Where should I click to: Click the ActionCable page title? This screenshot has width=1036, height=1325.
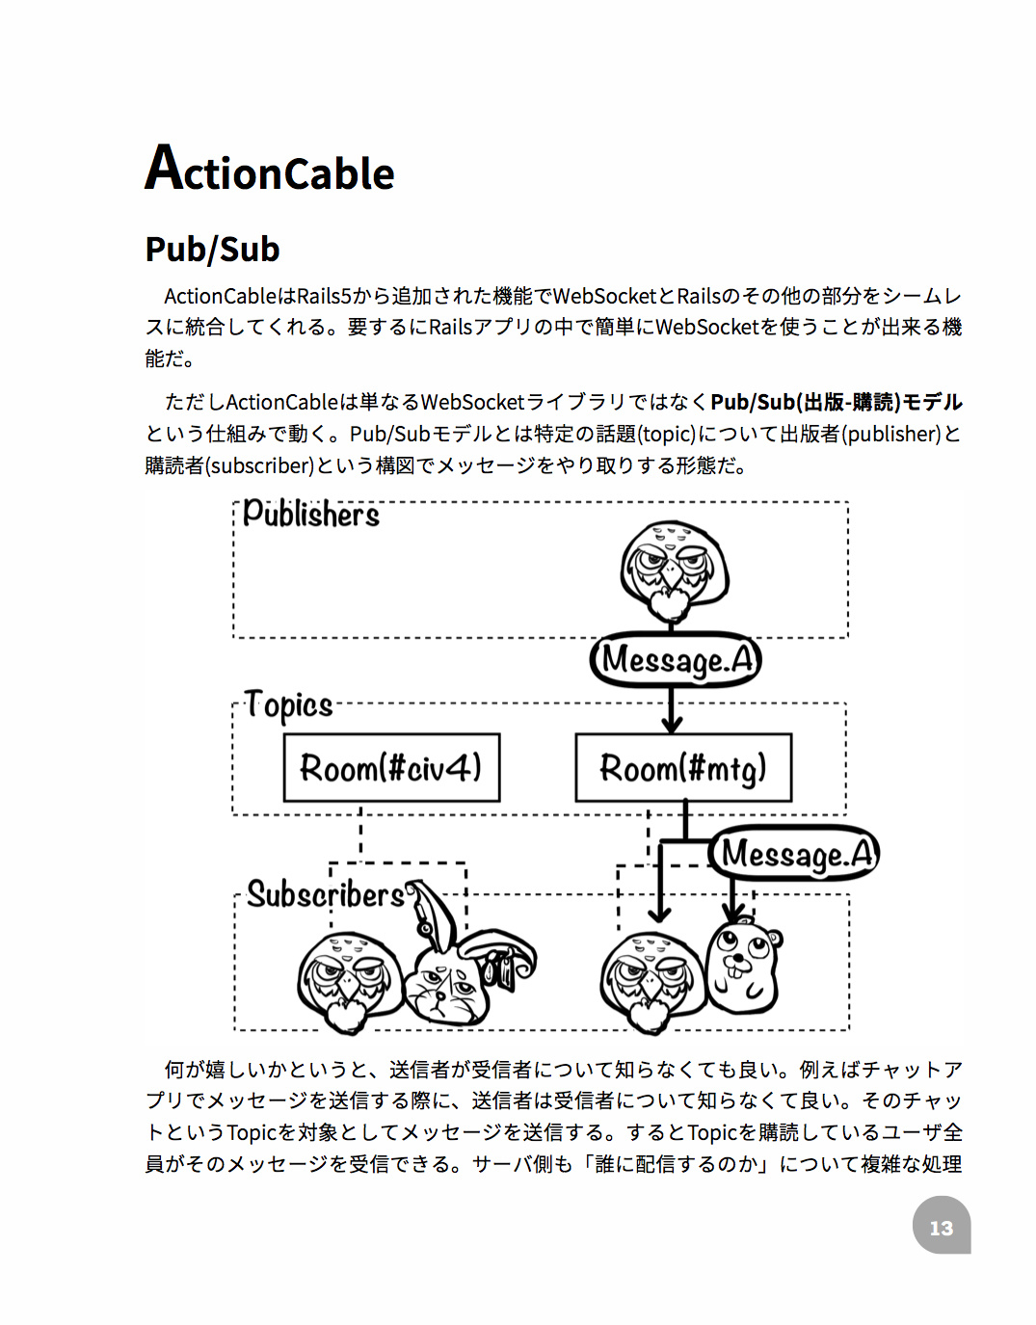coord(270,170)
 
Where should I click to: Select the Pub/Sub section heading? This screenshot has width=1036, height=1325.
coord(212,250)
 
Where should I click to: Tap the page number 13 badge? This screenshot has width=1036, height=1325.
coord(941,1227)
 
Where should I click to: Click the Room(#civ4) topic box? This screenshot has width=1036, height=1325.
coord(391,768)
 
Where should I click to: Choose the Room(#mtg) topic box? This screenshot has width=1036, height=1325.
coord(683,768)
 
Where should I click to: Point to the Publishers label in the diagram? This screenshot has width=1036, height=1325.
coord(310,514)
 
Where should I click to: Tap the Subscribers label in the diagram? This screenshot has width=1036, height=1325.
coord(325,894)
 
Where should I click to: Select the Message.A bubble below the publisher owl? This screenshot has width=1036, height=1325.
coord(676,660)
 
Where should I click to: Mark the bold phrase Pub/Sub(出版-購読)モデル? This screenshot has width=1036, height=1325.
coord(837,402)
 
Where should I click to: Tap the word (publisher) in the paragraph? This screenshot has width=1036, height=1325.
coord(891,434)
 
